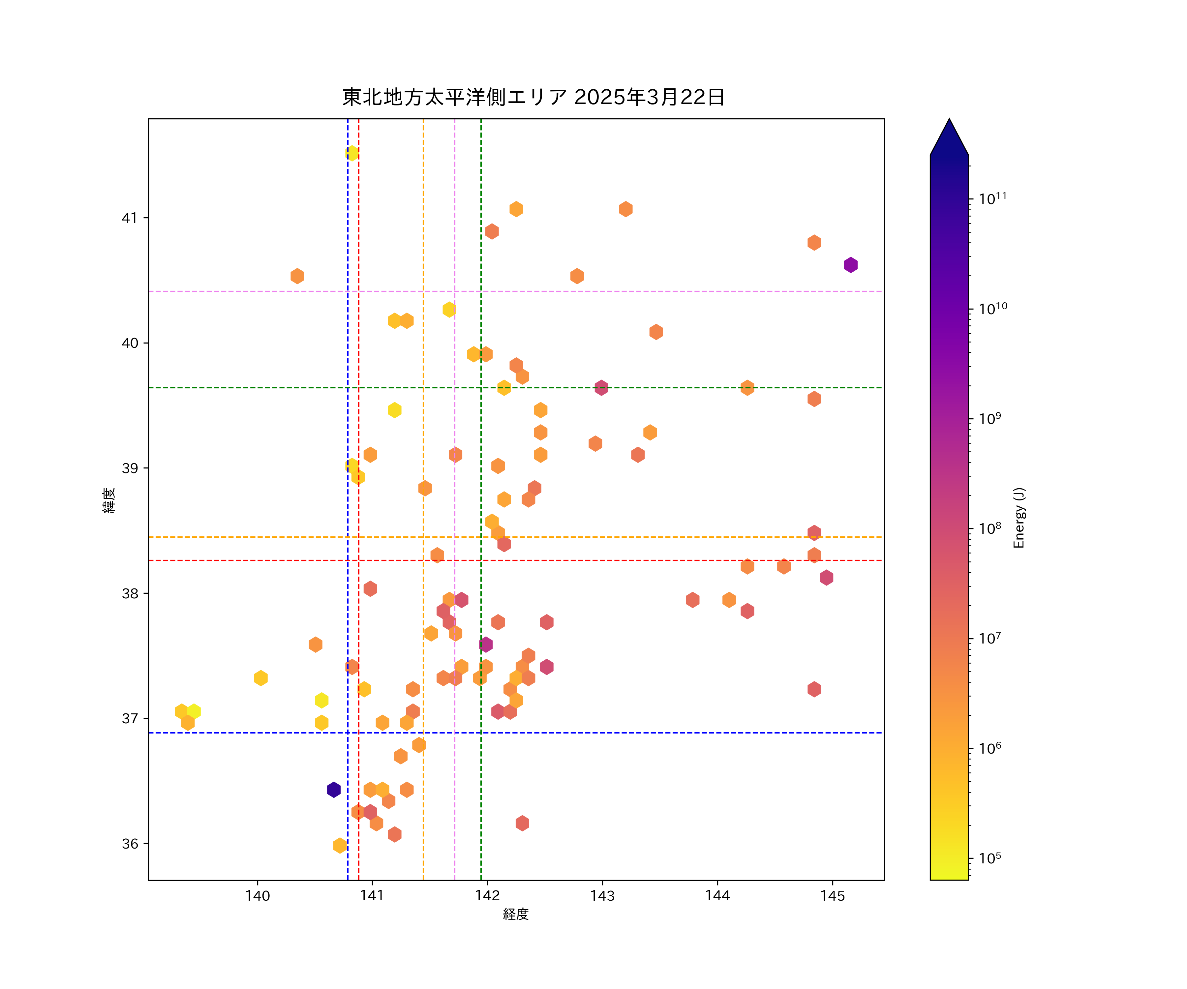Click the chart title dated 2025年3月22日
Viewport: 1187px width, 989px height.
tap(533, 97)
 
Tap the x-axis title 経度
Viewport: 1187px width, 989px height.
tap(515, 914)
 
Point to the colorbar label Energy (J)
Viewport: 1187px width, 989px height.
tap(1019, 517)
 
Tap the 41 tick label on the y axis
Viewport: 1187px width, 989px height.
tap(130, 218)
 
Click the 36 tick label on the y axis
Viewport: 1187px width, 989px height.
tap(130, 844)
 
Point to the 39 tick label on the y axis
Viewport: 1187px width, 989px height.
tap(130, 468)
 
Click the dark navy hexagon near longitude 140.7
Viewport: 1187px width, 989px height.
tap(333, 790)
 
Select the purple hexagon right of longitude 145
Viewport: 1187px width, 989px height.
tap(851, 264)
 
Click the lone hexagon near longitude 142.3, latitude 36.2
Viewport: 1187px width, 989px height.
tap(522, 823)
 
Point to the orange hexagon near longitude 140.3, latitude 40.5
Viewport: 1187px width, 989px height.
tap(297, 276)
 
